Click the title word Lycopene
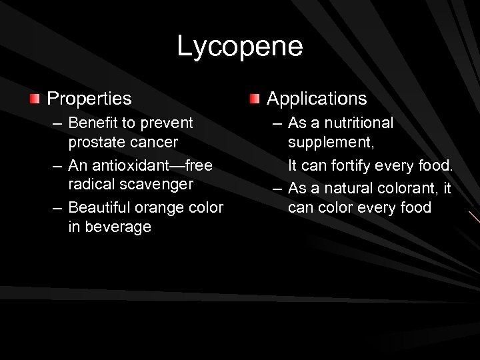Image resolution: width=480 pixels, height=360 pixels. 240,47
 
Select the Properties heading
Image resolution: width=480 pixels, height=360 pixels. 89,99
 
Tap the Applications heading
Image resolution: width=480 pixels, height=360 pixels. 317,99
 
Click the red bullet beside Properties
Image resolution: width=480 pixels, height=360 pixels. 34,99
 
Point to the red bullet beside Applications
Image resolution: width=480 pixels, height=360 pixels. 254,99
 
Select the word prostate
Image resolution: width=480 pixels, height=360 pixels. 94,142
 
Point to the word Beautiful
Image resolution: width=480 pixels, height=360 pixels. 101,207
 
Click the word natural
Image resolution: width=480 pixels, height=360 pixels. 346,189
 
